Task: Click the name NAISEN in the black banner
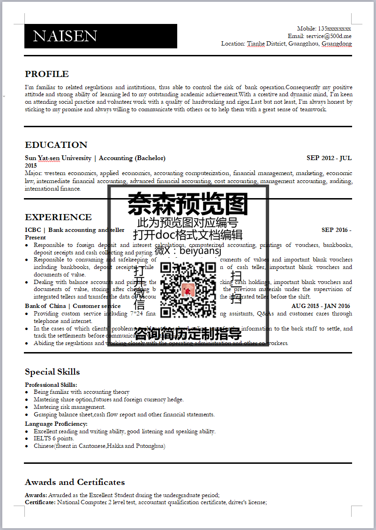tap(65, 36)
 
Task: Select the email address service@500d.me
tap(329, 36)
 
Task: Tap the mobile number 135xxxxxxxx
tap(334, 29)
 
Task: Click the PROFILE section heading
tap(47, 74)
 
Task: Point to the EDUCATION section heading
tap(56, 145)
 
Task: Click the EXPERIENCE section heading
tap(58, 217)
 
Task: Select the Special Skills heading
tap(53, 372)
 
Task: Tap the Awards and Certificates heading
tap(75, 483)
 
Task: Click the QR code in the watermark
tap(188, 289)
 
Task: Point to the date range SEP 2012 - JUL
tap(329, 158)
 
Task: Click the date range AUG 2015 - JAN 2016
tap(321, 306)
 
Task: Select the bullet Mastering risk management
tap(69, 407)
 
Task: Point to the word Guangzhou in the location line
tap(304, 44)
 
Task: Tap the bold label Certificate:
tap(40, 502)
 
